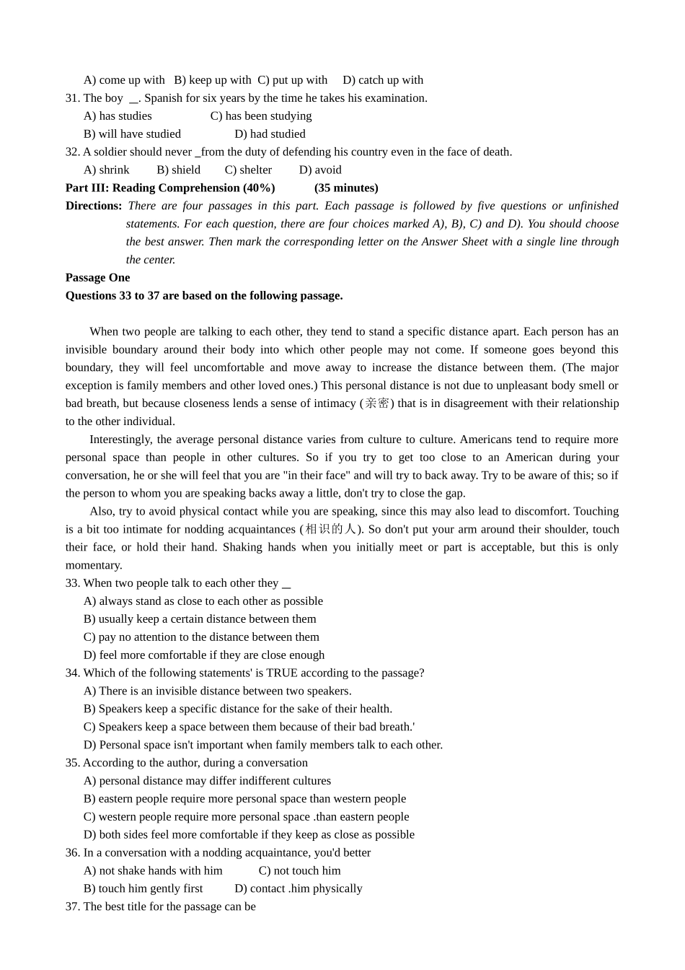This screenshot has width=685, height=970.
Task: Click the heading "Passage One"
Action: point(97,278)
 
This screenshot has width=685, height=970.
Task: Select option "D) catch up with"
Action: point(382,80)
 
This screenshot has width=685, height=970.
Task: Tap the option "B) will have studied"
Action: point(132,134)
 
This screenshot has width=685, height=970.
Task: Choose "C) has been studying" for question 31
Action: point(261,116)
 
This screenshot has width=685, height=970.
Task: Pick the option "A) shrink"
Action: point(107,170)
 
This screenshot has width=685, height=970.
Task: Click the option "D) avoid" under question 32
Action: point(320,170)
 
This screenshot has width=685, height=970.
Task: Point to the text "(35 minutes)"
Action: point(346,188)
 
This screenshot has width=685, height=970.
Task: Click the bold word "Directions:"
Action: point(94,206)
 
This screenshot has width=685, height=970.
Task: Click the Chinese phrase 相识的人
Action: point(330,530)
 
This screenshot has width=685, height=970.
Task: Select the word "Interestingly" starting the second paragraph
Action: point(120,440)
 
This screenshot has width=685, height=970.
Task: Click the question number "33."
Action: point(73,583)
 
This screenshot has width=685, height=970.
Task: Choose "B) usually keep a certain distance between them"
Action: point(200,619)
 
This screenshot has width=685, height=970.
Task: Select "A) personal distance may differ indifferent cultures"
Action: point(207,781)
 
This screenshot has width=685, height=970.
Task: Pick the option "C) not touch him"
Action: point(299,871)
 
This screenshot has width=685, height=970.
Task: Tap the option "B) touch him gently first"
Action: point(143,889)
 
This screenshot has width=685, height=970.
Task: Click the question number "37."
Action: point(73,907)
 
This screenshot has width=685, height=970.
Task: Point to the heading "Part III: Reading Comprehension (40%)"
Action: point(170,188)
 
